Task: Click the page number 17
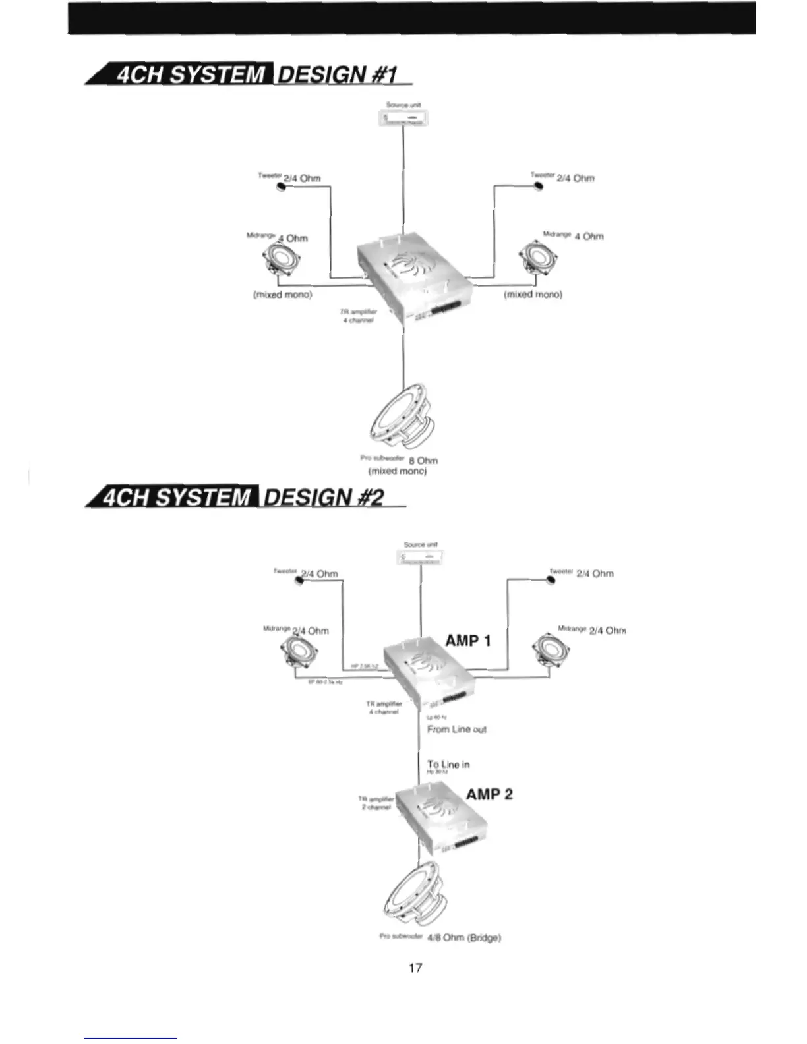point(415,968)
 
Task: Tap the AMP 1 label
point(468,641)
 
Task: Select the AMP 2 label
point(489,794)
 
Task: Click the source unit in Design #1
point(403,118)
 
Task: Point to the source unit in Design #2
point(421,559)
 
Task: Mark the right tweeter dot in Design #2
point(551,580)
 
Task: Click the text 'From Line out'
point(456,729)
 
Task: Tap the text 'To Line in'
point(448,765)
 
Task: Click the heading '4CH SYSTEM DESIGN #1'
point(251,74)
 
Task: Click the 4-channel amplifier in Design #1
point(414,277)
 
